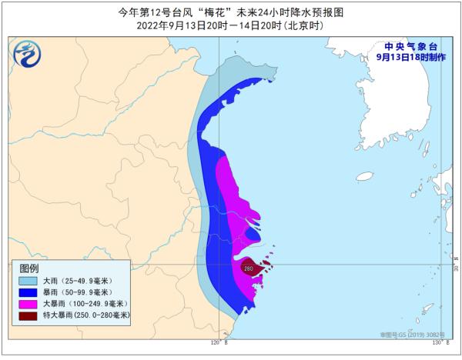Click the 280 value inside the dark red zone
[249, 268]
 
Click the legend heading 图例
[28, 268]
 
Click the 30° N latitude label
[455, 268]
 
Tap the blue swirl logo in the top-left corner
[26, 53]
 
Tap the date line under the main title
[231, 25]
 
